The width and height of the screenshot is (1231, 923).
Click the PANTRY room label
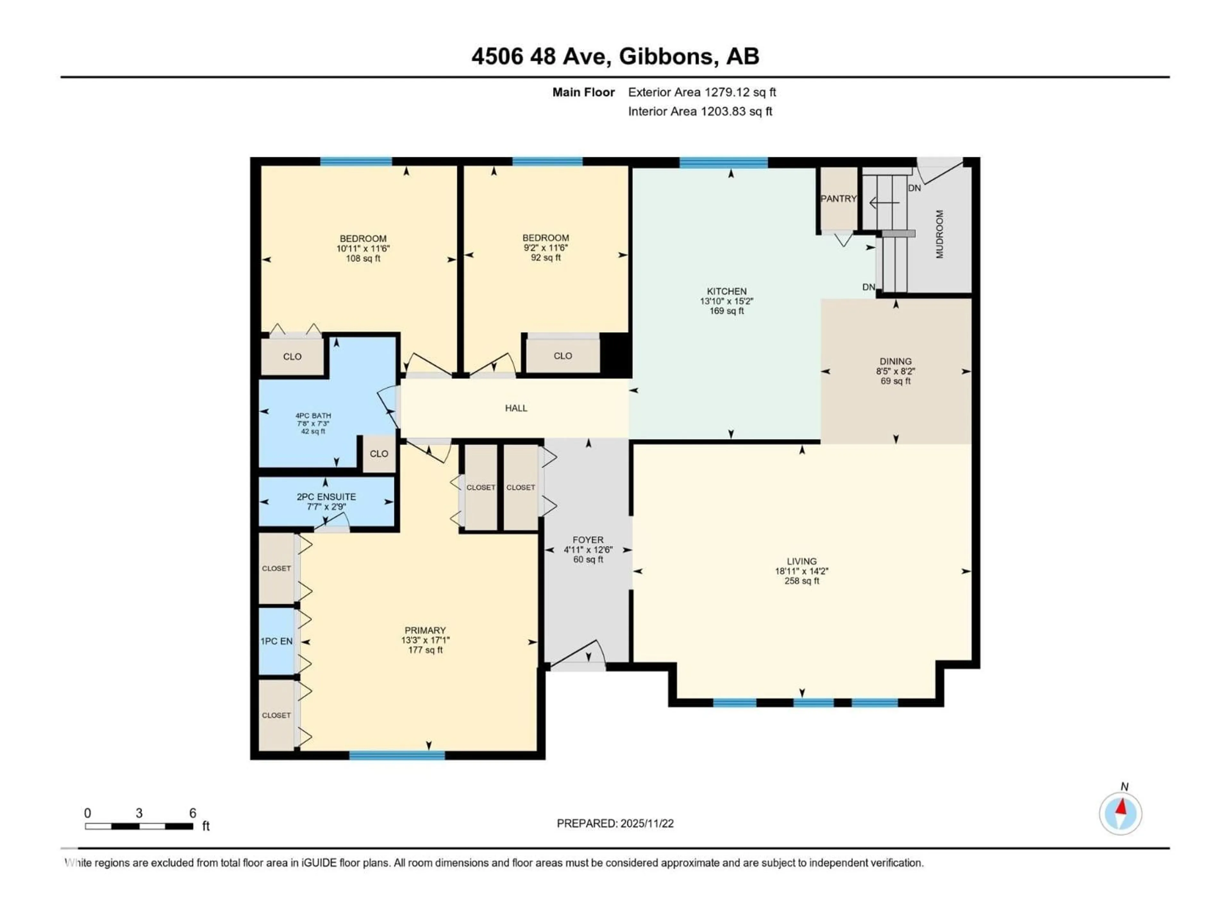tap(838, 199)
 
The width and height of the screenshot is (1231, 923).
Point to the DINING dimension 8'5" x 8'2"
tap(895, 371)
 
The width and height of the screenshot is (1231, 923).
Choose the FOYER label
tap(588, 540)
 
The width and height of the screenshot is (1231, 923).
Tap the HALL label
tap(516, 408)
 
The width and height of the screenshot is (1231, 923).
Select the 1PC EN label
tap(277, 642)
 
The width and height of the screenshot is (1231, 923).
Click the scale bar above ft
tap(139, 826)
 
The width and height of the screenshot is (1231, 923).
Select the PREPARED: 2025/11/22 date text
tap(615, 823)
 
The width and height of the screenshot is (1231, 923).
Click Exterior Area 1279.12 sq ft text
tap(702, 92)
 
